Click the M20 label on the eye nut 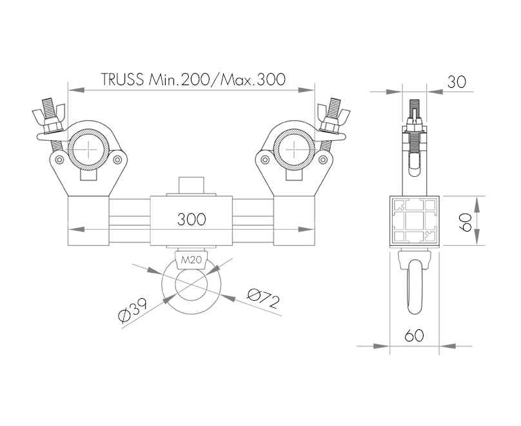[x=191, y=259]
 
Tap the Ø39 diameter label [x=133, y=310]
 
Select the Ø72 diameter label [x=263, y=298]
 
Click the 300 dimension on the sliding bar [x=192, y=219]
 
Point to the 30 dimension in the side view [x=457, y=81]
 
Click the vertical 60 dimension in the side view [x=465, y=222]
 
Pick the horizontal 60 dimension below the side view [x=414, y=335]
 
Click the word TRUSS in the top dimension [x=123, y=79]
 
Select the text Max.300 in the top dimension [x=253, y=79]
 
